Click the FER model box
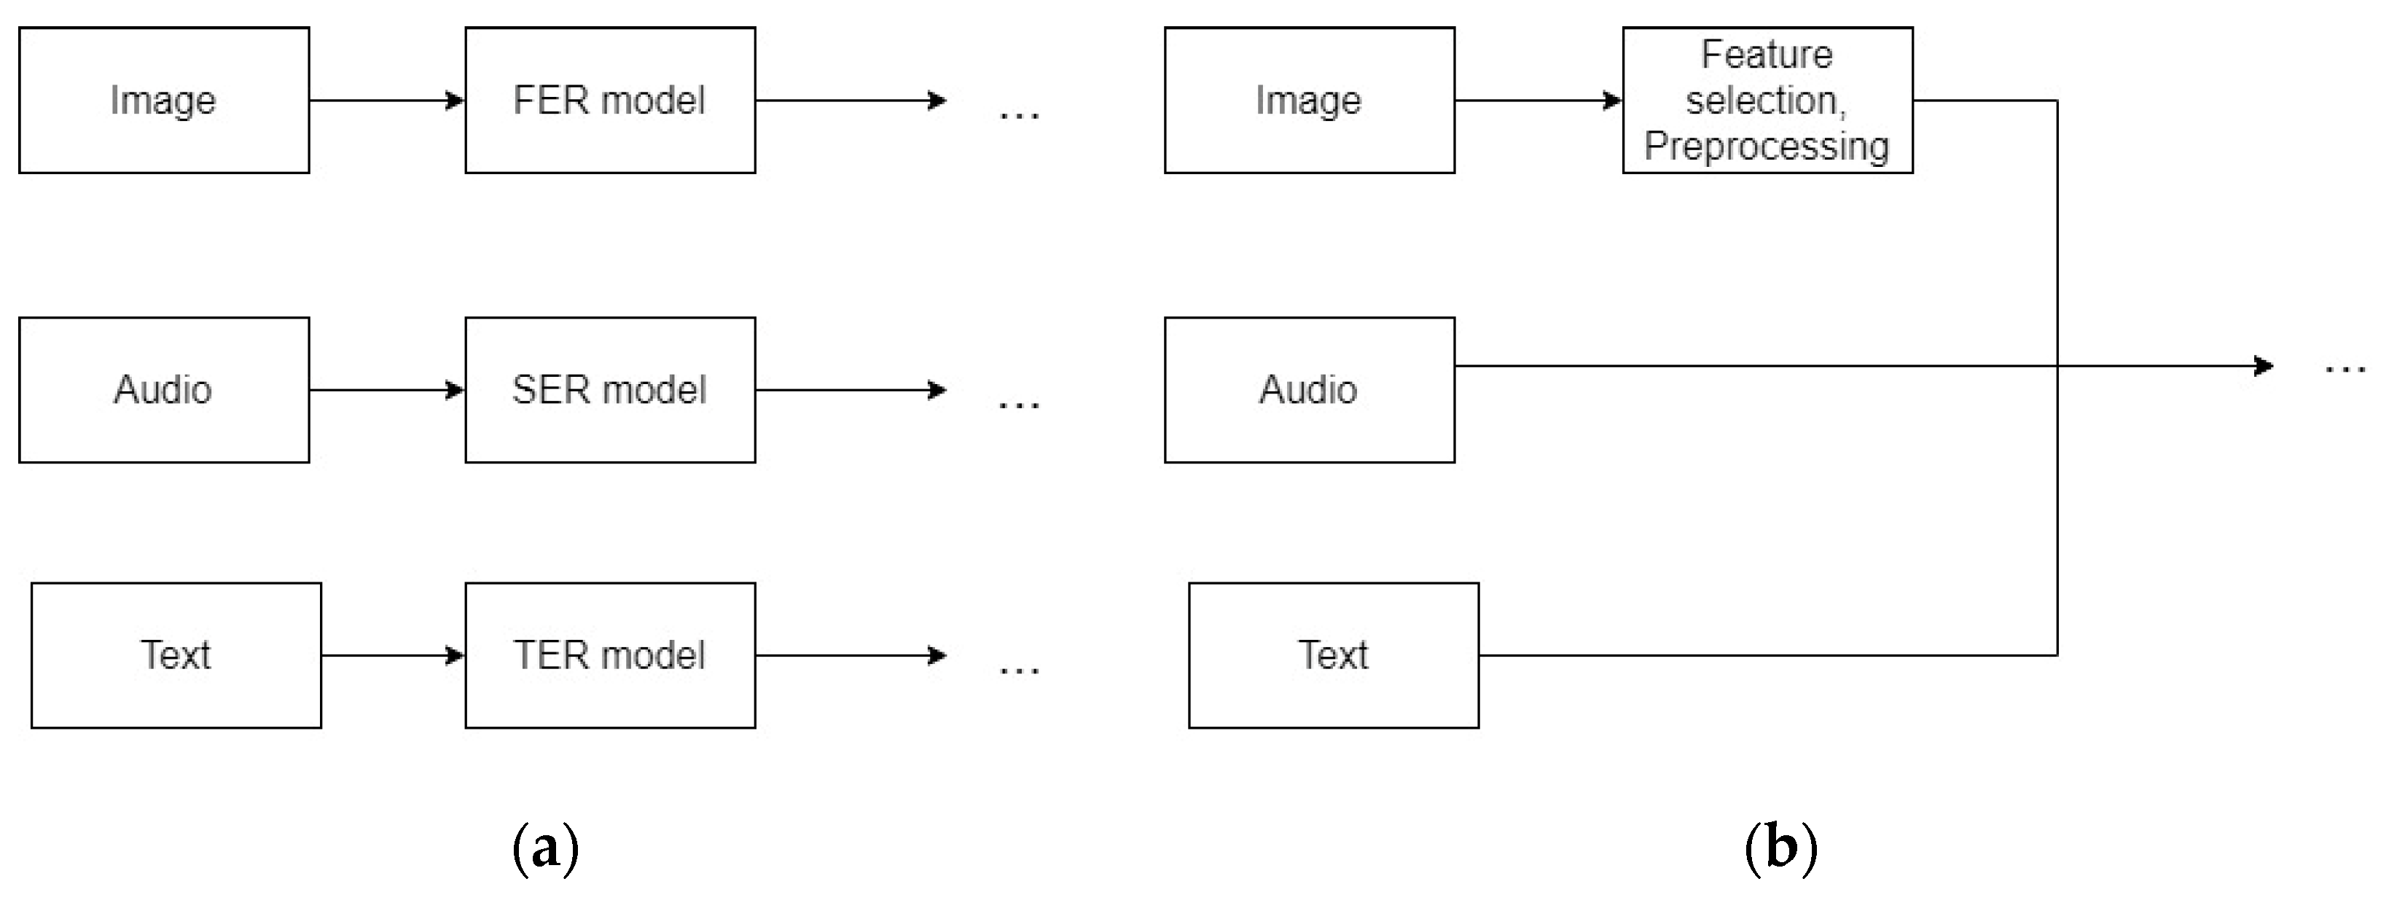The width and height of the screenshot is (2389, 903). tap(609, 100)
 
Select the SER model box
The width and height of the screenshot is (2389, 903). tap(609, 389)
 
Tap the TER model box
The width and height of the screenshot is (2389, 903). tap(609, 654)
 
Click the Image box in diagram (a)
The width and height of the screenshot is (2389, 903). tap(163, 100)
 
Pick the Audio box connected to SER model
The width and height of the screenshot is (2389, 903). tap(163, 389)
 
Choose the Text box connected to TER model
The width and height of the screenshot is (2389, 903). tap(176, 654)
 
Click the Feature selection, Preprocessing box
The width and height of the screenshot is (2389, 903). tap(1767, 100)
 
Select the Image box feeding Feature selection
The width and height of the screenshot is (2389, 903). tap(1309, 100)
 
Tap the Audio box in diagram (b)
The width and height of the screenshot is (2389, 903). tap(1309, 389)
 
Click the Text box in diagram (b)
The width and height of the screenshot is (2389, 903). tap(1333, 654)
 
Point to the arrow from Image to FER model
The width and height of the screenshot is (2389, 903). tap(387, 100)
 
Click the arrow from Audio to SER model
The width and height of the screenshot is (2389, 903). tap(387, 389)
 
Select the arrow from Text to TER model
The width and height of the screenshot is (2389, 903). tap(392, 654)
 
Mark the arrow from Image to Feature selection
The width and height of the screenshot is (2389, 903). tap(1538, 100)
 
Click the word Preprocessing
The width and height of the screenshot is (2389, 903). tap(1767, 146)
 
